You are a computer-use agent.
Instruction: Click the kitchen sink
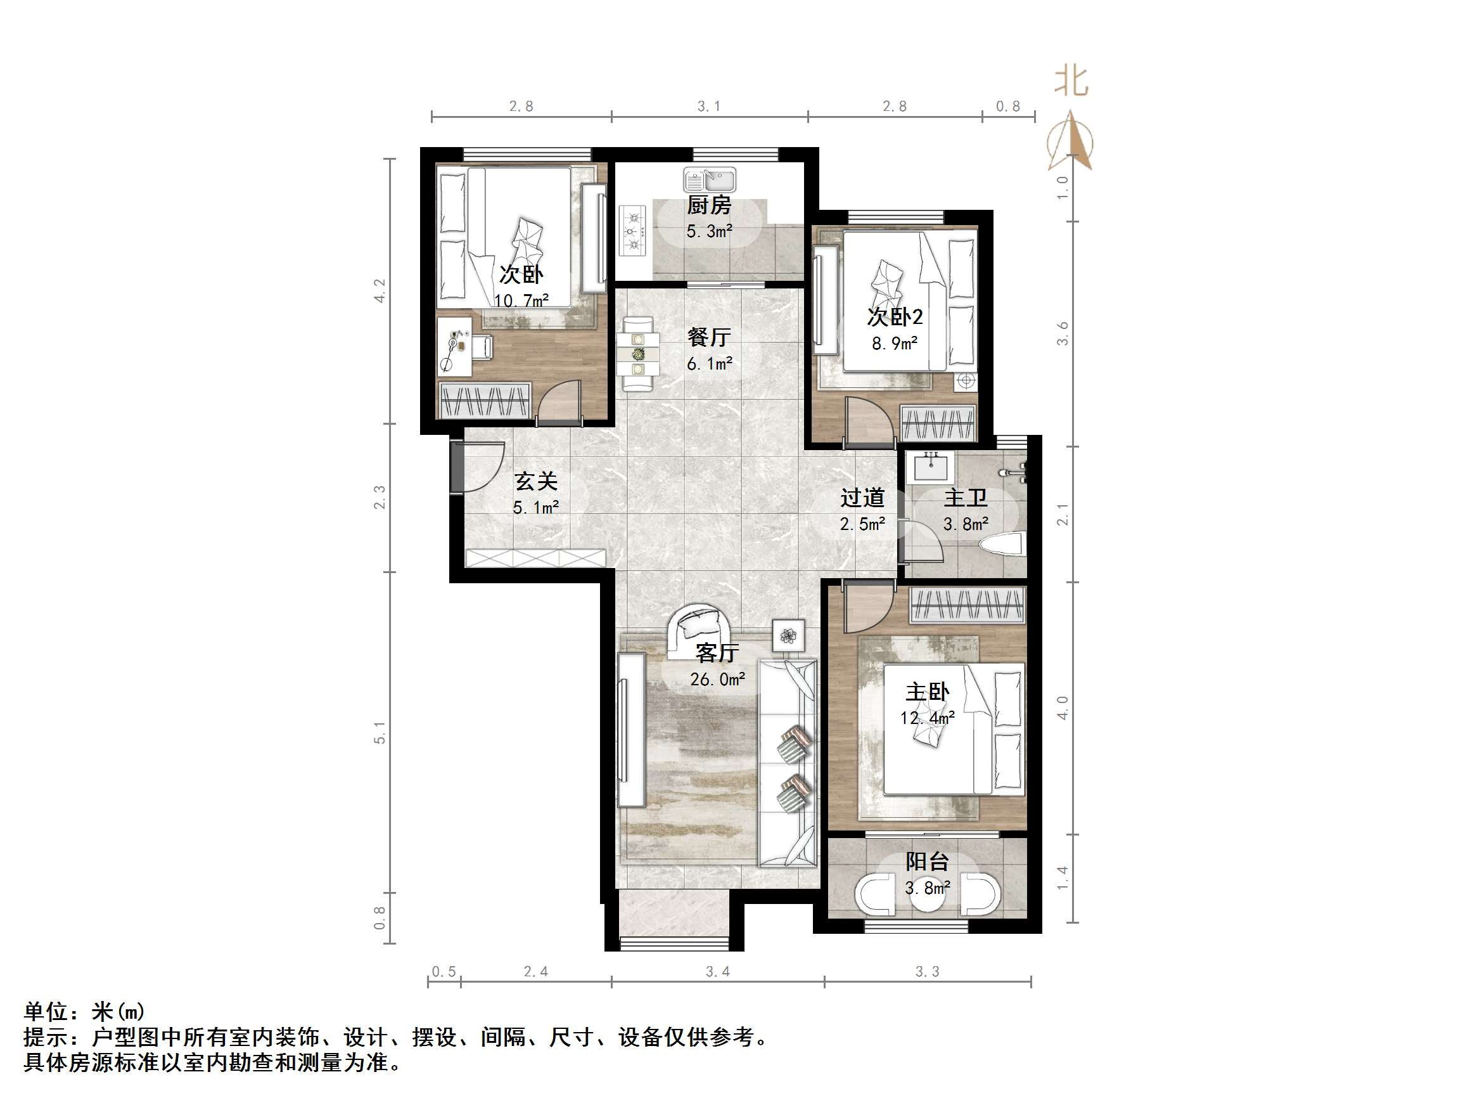(x=710, y=179)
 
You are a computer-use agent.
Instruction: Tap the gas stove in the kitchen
(x=632, y=231)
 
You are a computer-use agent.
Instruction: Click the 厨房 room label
(x=709, y=205)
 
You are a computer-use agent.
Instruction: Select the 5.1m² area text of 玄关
(x=536, y=508)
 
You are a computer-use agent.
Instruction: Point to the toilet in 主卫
(x=1001, y=545)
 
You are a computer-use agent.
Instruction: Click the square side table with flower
(x=788, y=636)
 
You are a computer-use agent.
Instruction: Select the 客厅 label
(x=717, y=653)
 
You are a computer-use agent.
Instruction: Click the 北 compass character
(x=1071, y=82)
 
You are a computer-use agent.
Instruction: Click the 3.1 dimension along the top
(x=709, y=106)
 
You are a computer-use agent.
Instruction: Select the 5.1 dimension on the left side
(x=380, y=733)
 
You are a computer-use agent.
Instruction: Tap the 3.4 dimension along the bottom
(x=718, y=972)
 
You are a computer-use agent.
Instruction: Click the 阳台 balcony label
(x=927, y=862)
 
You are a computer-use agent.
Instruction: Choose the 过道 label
(x=862, y=498)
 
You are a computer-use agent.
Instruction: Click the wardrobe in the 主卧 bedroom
(x=968, y=605)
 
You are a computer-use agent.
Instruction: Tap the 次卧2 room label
(x=894, y=317)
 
